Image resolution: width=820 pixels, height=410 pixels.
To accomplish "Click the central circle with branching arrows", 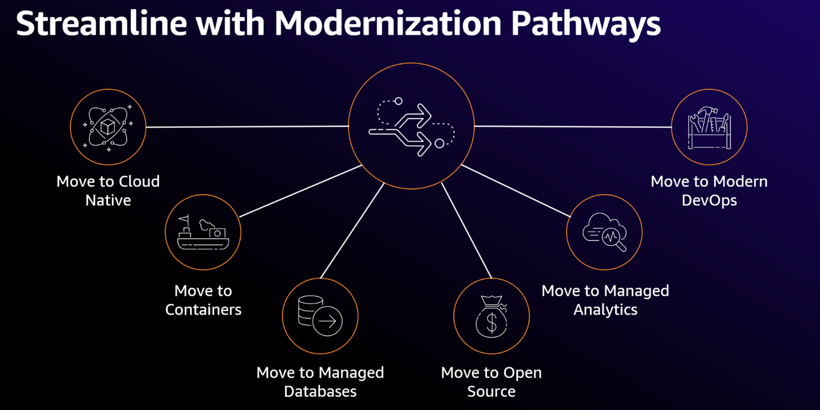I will tap(411, 126).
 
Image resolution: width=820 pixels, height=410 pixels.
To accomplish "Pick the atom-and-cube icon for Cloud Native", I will tap(108, 127).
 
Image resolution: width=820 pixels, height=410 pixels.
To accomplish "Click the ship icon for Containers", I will tap(203, 232).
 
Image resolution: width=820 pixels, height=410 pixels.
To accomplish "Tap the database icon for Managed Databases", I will tap(320, 316).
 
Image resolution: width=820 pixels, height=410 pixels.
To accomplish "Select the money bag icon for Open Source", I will tap(492, 316).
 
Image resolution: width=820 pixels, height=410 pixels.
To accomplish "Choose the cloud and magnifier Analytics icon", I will tap(604, 232).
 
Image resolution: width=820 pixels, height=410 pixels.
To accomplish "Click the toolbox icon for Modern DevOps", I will tap(709, 127).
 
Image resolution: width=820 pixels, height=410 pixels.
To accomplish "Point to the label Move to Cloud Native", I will tap(108, 191).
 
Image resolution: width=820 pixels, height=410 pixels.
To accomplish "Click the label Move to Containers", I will tap(203, 300).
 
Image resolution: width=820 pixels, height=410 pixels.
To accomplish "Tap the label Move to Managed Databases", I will tap(320, 382).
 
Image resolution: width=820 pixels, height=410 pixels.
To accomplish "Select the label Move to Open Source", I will tap(492, 382).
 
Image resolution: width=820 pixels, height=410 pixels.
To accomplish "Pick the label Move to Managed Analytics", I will tap(605, 300).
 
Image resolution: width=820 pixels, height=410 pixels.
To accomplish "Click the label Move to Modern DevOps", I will tap(709, 191).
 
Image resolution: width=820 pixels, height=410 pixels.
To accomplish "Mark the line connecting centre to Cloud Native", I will tap(247, 126).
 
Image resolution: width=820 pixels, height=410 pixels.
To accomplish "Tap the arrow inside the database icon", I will tap(328, 322).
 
